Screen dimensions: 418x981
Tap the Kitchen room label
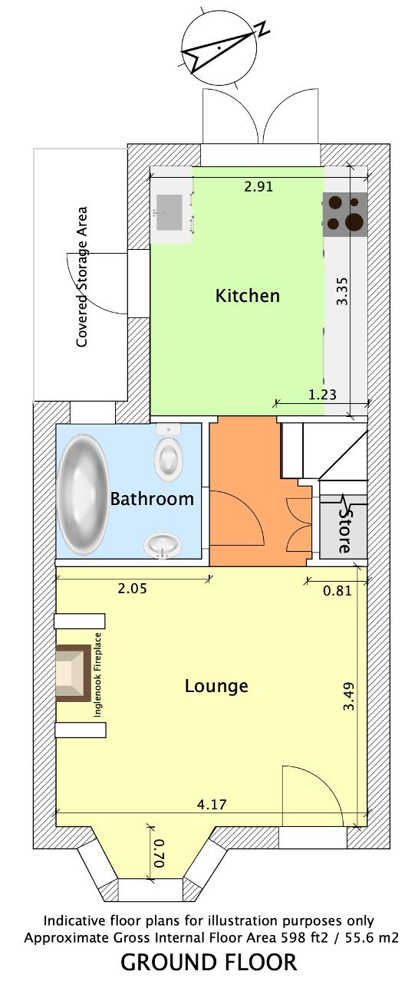pos(247,296)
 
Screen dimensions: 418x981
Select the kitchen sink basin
pos(170,212)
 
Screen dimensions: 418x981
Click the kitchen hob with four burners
pos(345,215)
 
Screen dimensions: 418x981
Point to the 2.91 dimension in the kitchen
pos(258,186)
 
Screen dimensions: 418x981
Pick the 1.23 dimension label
pos(322,395)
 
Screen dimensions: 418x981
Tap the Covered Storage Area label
pos(82,277)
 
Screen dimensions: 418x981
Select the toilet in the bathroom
pos(169,452)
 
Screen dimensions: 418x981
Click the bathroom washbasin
pos(163,545)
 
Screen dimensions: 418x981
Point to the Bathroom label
pos(152,499)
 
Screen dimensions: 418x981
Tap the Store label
pos(345,530)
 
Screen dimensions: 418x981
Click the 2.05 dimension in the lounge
pos(133,588)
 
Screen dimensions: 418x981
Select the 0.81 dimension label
pos(337,591)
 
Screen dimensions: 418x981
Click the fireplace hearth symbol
pos(73,674)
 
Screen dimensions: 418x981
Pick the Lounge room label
pos(216,686)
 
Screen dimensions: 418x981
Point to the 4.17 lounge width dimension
pos(212,805)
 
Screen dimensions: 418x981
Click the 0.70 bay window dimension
pos(159,853)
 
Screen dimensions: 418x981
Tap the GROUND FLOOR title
pos(209,963)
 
